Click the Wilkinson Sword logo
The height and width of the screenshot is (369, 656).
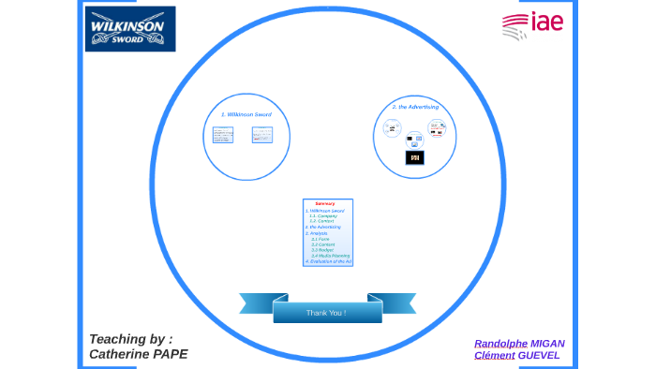tap(129, 29)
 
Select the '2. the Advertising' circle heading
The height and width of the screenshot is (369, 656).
tap(415, 107)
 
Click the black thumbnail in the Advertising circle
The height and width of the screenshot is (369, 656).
tap(414, 157)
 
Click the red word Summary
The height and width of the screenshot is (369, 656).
tap(325, 203)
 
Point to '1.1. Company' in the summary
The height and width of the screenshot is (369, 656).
tap(323, 216)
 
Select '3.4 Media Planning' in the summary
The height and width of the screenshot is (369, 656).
tap(329, 255)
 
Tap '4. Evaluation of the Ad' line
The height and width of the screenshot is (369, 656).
tap(327, 260)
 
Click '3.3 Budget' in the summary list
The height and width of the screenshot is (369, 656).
tap(322, 249)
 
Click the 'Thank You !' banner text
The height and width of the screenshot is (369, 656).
tap(326, 312)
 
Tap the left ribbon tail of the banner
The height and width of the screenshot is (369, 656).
tap(255, 303)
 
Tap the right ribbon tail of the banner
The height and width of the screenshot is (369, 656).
tap(398, 303)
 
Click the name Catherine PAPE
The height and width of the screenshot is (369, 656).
tap(138, 354)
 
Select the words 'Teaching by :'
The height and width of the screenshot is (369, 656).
tap(130, 339)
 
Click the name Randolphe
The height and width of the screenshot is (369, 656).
tap(500, 344)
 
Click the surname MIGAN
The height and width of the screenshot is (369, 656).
tap(547, 344)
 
